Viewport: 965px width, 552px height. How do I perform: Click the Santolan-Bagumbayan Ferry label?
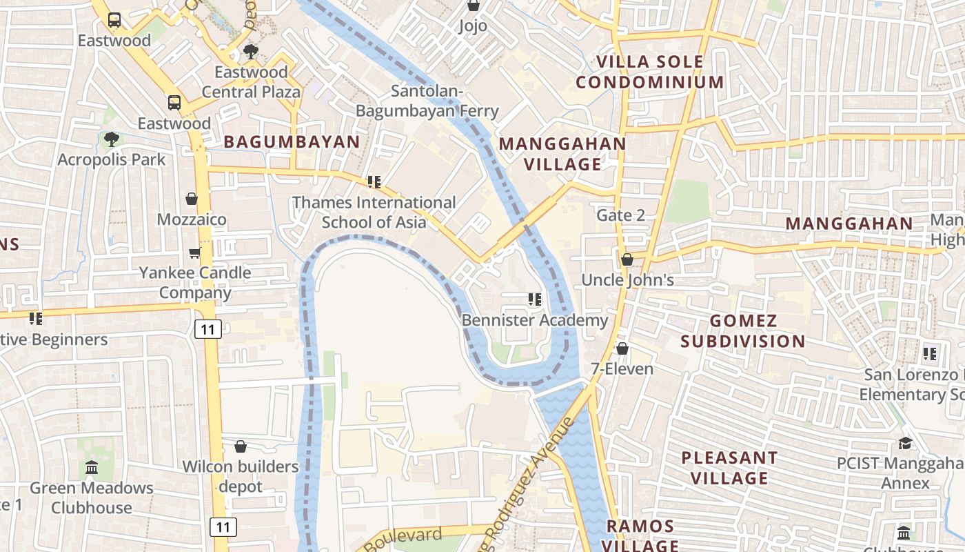(427, 101)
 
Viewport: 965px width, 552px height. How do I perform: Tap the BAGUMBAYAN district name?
(292, 142)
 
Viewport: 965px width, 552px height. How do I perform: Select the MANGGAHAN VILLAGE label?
(562, 154)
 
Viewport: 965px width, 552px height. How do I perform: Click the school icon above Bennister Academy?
(534, 299)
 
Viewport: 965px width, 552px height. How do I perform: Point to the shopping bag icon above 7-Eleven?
(622, 348)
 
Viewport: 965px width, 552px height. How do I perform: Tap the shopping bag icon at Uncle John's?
(627, 259)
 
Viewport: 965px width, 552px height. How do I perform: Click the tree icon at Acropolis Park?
(111, 139)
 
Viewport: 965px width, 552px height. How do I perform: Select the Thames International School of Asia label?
(374, 212)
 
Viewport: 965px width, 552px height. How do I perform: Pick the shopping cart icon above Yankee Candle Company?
(195, 253)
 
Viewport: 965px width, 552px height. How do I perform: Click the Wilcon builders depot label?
(241, 476)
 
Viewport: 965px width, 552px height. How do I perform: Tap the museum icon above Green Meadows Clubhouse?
(92, 468)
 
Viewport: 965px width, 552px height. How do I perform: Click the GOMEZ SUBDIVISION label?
(743, 331)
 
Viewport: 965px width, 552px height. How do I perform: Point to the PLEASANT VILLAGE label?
(729, 467)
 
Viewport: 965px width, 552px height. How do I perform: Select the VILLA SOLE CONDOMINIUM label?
(650, 72)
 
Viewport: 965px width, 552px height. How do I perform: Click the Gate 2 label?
(620, 215)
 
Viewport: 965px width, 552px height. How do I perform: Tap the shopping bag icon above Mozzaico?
(192, 199)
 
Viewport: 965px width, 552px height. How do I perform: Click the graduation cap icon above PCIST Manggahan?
(904, 443)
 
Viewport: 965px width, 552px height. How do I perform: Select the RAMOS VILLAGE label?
(640, 535)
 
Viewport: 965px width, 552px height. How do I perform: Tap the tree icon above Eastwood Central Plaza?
(251, 52)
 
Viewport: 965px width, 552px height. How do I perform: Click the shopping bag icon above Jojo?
(474, 6)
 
